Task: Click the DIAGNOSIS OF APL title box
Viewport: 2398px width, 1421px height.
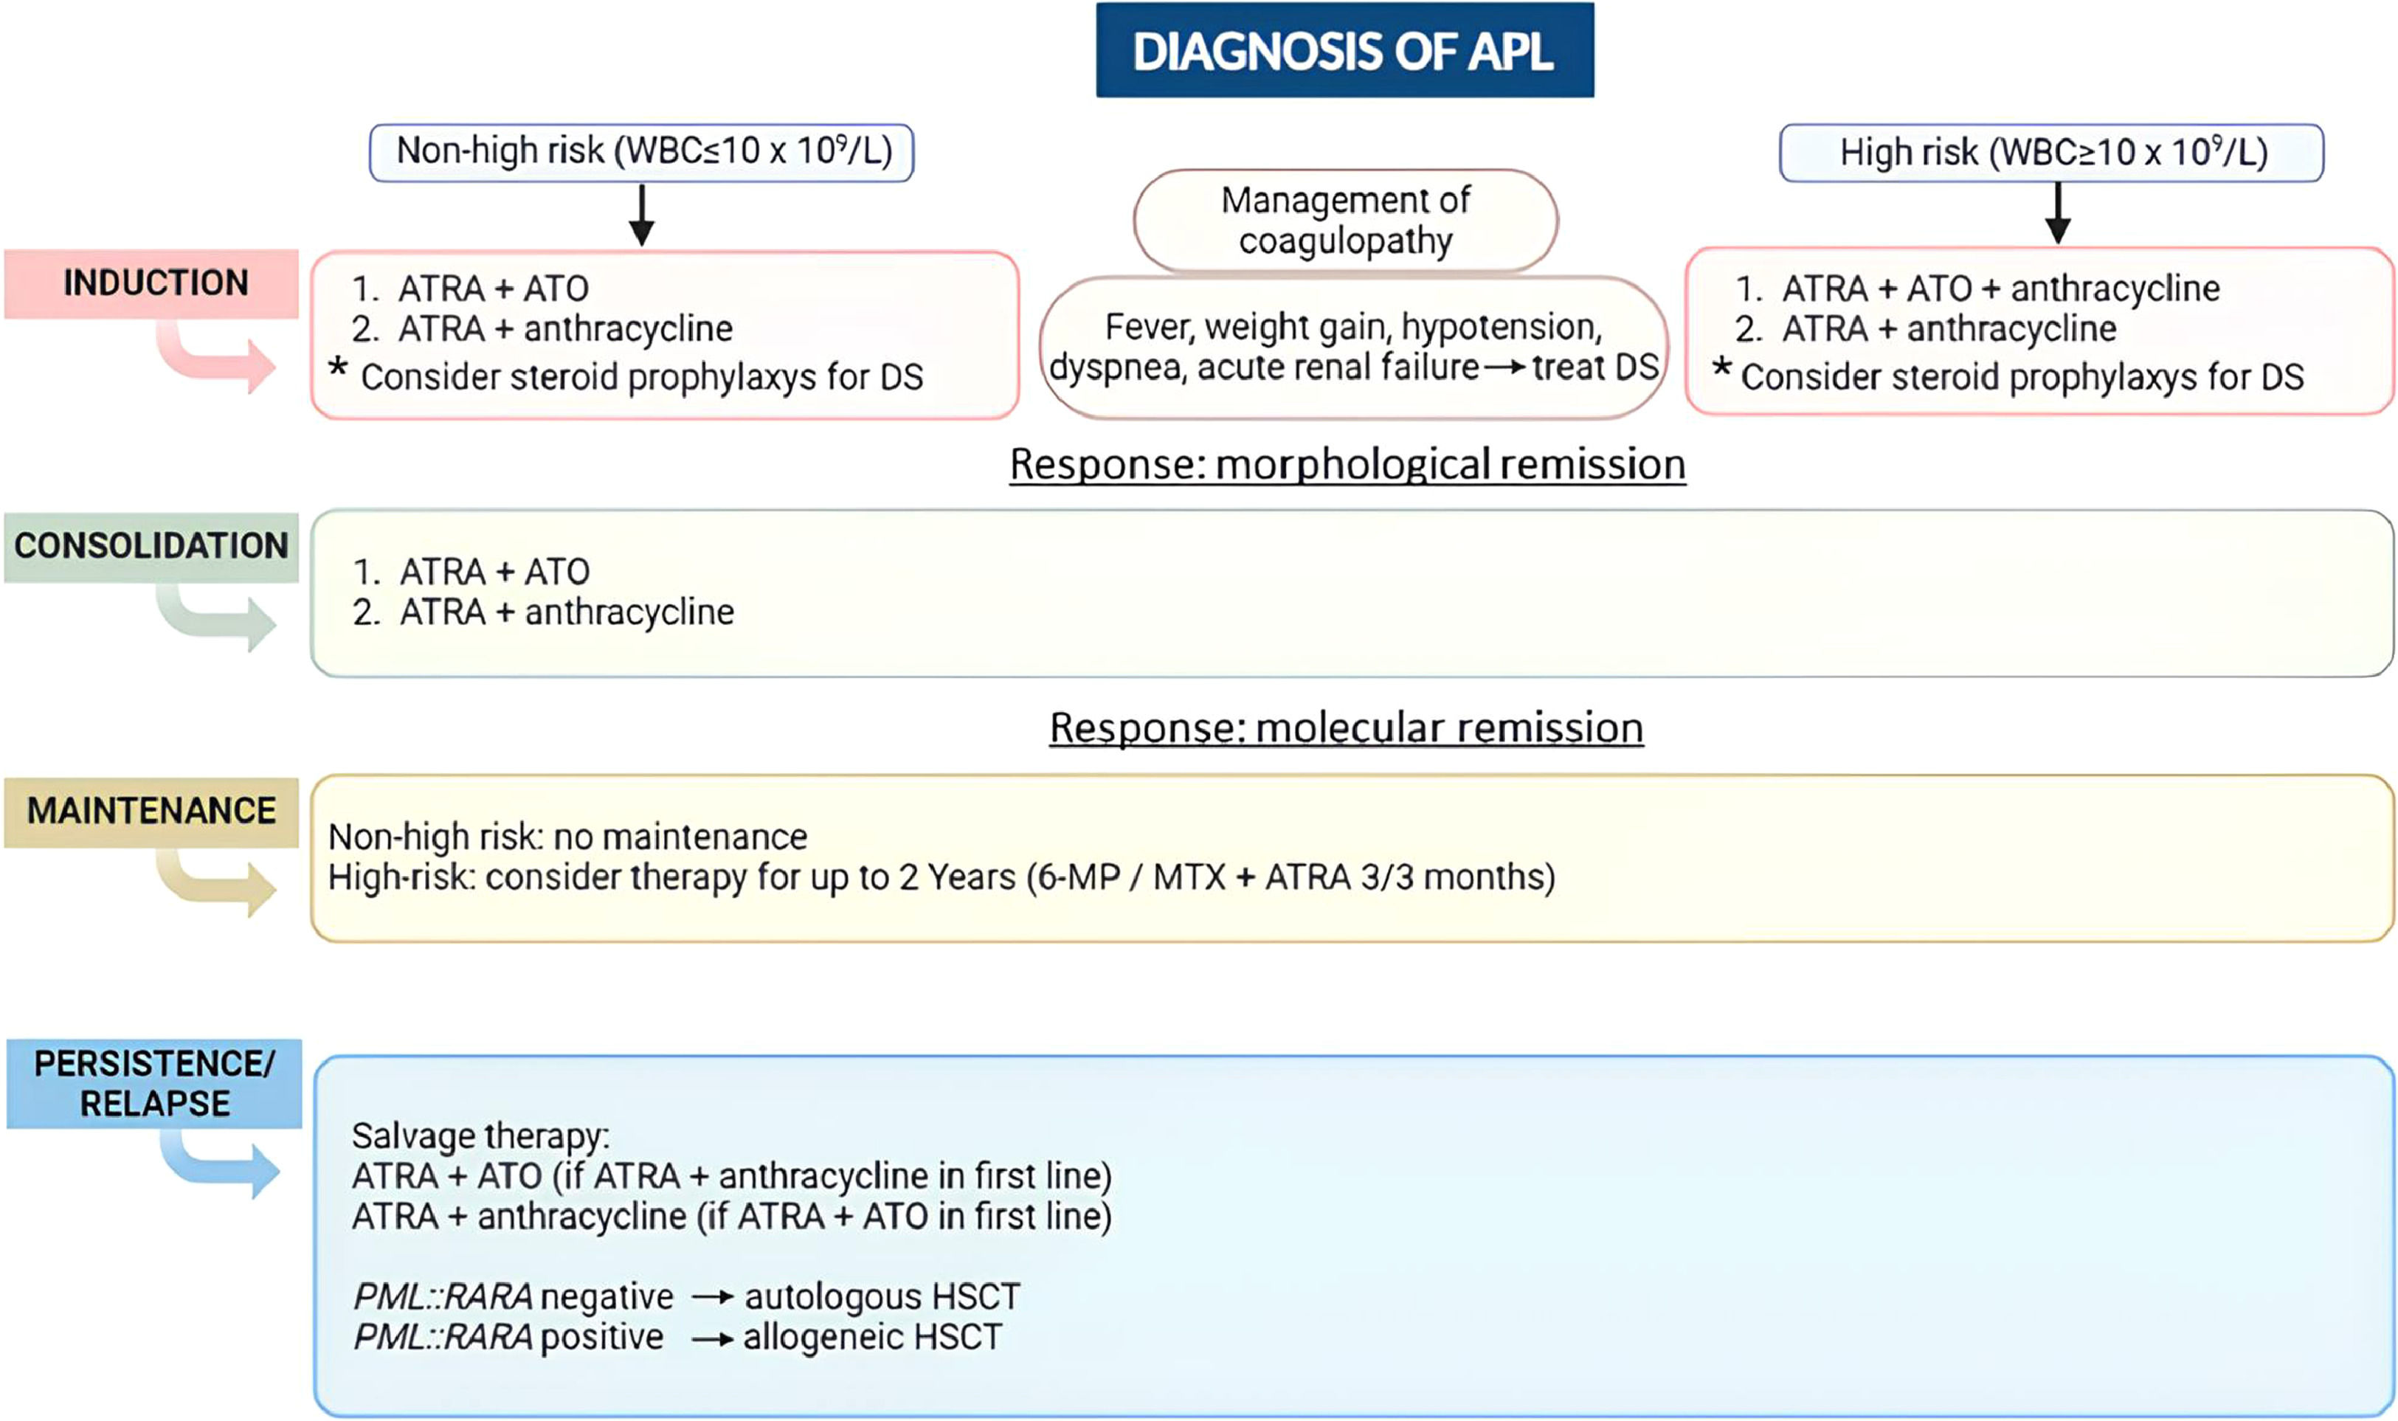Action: (x=1344, y=49)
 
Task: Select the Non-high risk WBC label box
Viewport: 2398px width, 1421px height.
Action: (x=642, y=151)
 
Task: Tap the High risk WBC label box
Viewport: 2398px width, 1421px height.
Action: (x=2050, y=152)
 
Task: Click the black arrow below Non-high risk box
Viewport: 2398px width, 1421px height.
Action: (x=642, y=215)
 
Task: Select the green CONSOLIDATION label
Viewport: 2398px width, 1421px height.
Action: (x=151, y=546)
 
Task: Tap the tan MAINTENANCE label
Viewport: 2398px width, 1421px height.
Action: (x=151, y=811)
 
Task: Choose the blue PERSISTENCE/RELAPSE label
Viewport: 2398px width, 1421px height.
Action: (x=153, y=1083)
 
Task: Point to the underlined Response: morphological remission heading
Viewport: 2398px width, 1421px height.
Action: (x=1347, y=464)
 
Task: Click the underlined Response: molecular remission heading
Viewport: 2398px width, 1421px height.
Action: (x=1346, y=727)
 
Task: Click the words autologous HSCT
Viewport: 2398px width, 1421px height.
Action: (x=881, y=1296)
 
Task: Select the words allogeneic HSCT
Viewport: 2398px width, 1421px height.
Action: (x=871, y=1337)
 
